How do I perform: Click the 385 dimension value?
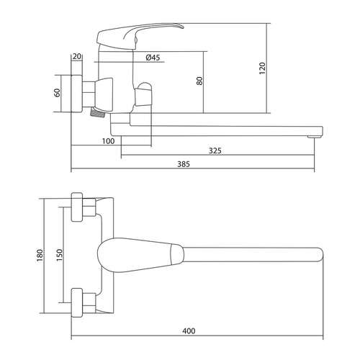click(184, 164)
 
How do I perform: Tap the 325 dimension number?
click(215, 150)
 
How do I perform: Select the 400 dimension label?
click(189, 331)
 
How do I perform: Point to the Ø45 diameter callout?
click(153, 58)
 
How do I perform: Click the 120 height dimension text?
click(262, 68)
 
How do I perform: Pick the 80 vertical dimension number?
click(199, 81)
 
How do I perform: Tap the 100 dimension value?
click(108, 141)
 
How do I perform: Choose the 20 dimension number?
click(77, 56)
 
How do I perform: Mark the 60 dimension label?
click(58, 93)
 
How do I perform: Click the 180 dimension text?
click(40, 256)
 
